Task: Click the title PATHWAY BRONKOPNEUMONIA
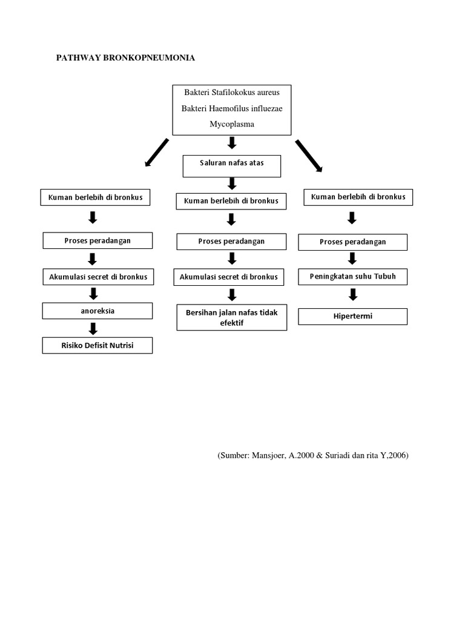pos(125,58)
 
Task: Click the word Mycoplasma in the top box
pos(232,124)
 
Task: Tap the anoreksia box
pos(97,311)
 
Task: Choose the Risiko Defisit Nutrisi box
pos(97,345)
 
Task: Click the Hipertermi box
pos(352,316)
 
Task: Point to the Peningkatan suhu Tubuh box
pos(352,277)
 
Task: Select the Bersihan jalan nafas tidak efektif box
pos(232,317)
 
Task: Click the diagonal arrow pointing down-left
pos(156,152)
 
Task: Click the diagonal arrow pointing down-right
pos(309,154)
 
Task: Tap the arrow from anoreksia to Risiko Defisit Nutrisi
pos(93,329)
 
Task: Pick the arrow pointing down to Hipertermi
pos(353,295)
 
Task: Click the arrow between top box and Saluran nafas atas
pos(232,143)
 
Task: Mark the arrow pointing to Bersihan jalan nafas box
pos(232,295)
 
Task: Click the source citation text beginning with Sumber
pos(313,456)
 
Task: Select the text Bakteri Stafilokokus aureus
pos(232,93)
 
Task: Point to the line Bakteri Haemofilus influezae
pos(232,108)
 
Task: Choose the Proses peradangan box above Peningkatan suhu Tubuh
pos(352,242)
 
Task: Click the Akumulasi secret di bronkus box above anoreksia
pos(97,277)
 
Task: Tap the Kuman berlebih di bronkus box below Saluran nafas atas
pos(231,201)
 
